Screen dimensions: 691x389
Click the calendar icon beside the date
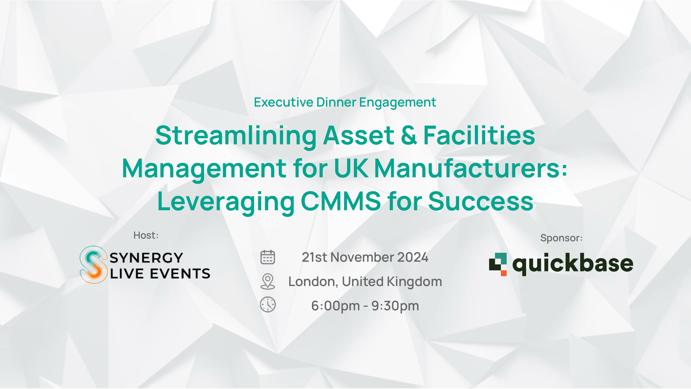click(268, 257)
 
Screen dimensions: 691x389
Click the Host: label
click(146, 235)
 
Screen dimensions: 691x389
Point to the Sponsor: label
click(561, 238)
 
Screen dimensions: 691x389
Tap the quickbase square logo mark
click(498, 264)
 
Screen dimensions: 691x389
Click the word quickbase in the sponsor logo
click(573, 264)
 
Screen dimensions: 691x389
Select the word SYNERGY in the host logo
click(146, 258)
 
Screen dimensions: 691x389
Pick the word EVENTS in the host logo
click(180, 274)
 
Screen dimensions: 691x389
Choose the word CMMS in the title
click(341, 201)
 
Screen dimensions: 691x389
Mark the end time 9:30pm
click(395, 306)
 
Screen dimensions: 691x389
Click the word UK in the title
click(351, 168)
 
